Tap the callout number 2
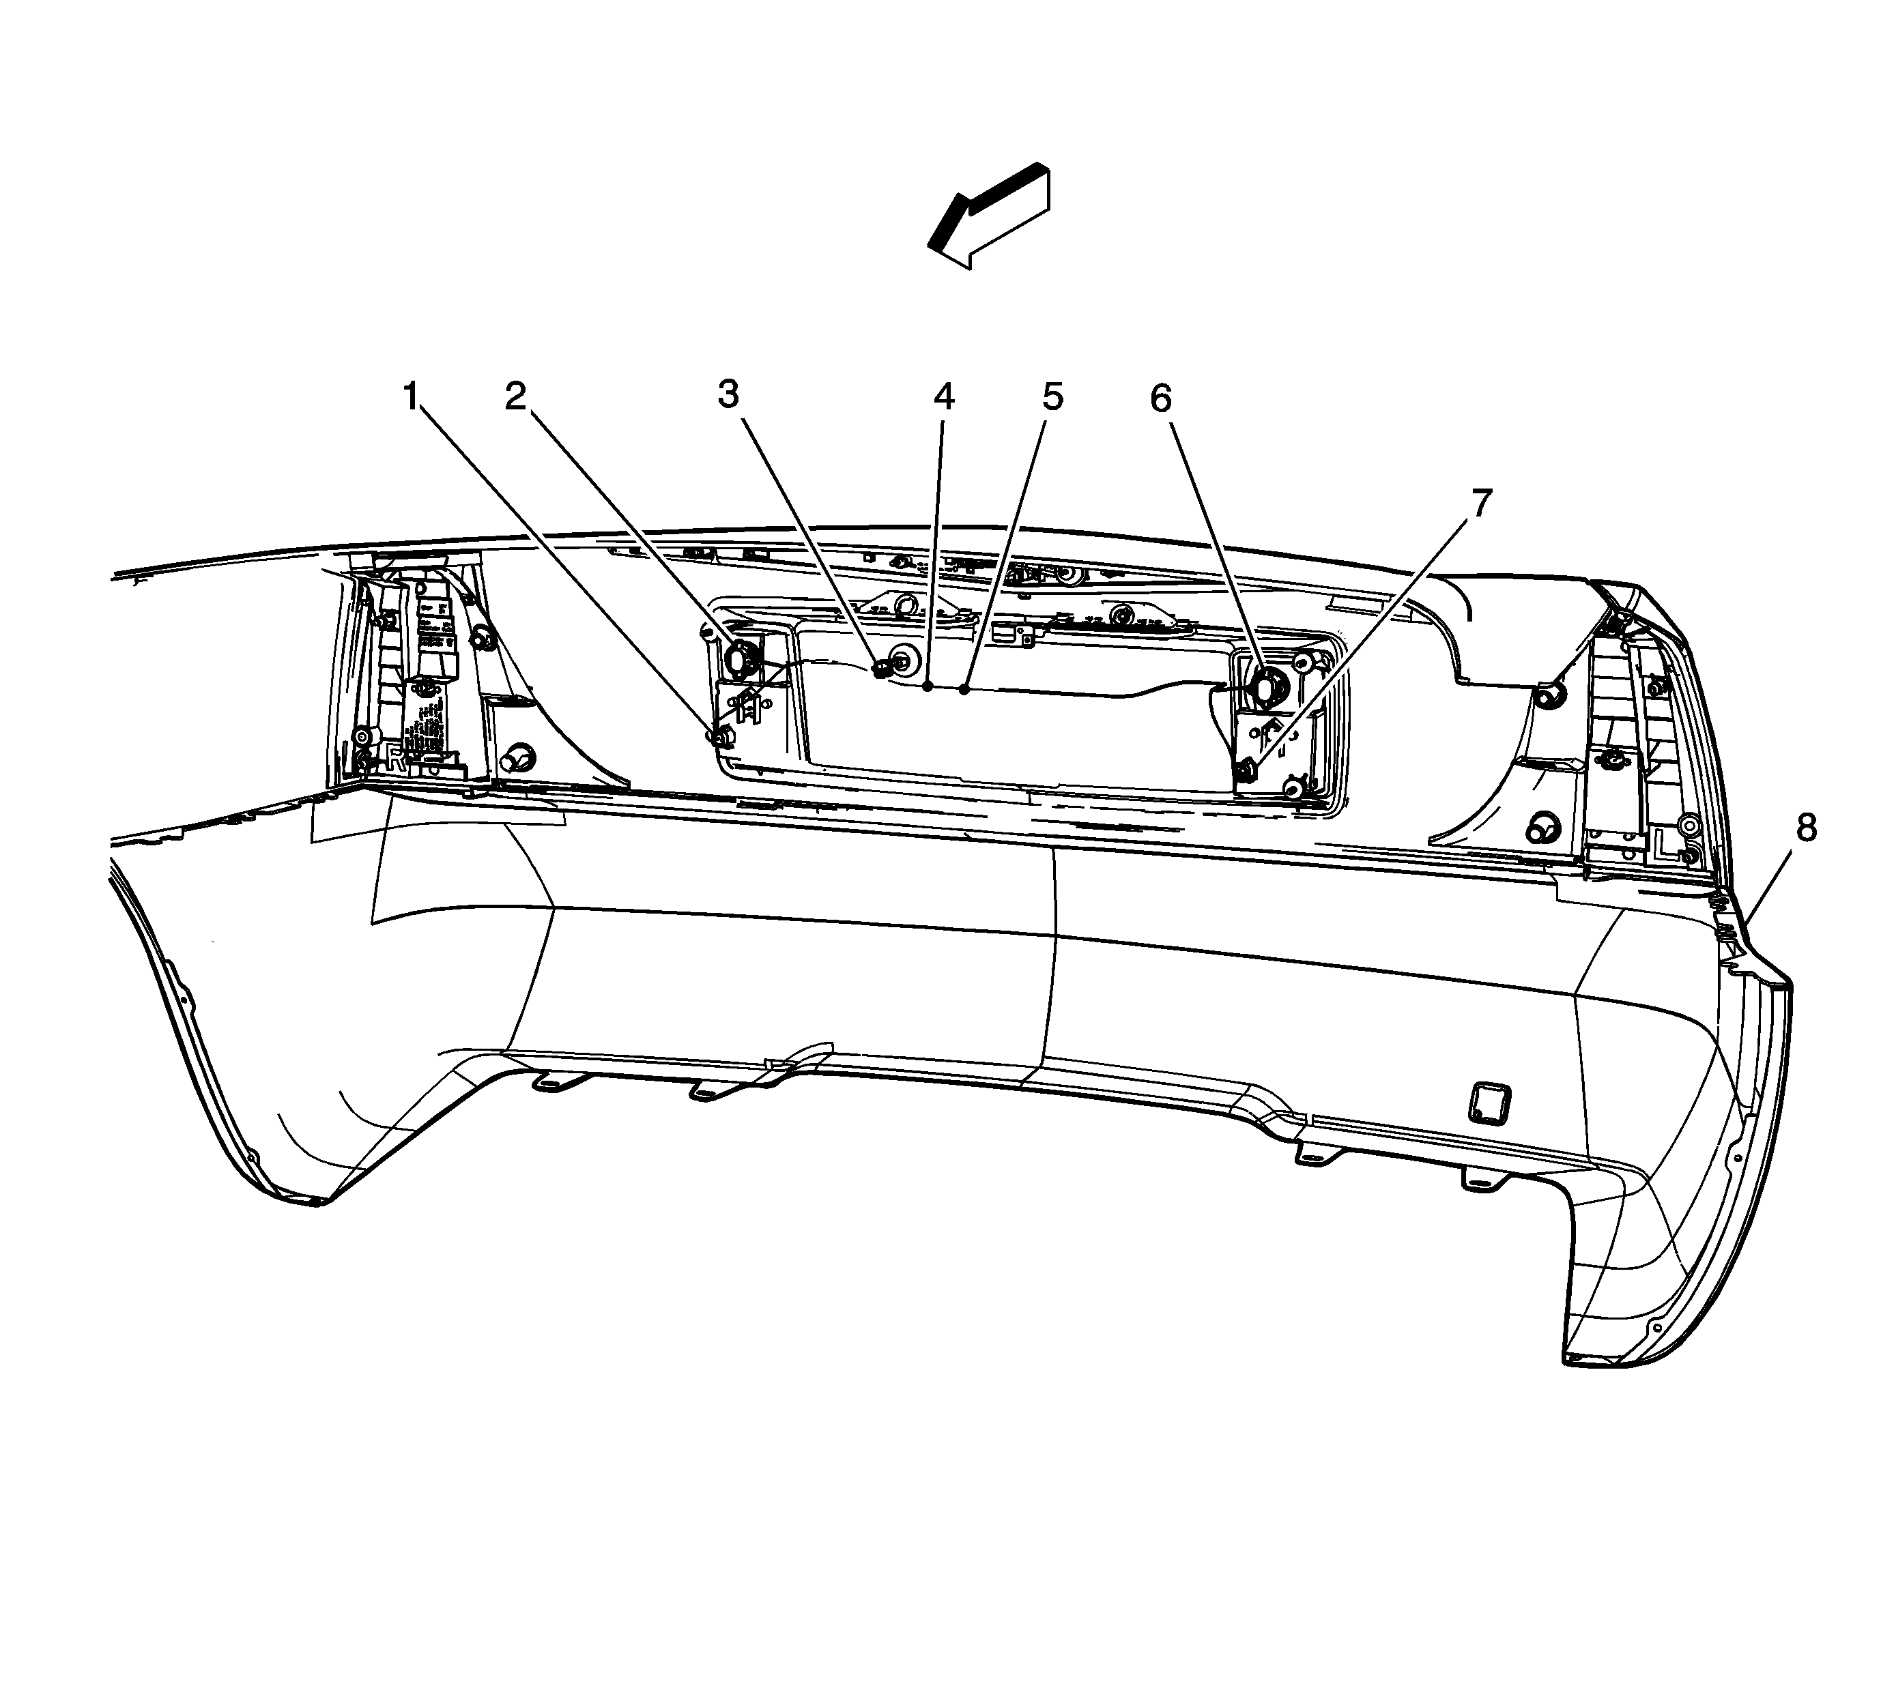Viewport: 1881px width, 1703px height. pyautogui.click(x=516, y=397)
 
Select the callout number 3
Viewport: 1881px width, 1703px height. pyautogui.click(x=729, y=394)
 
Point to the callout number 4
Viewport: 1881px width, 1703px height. pyautogui.click(x=944, y=398)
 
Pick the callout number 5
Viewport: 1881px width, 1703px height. pyautogui.click(x=1052, y=398)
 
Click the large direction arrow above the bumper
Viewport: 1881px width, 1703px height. pyautogui.click(x=989, y=217)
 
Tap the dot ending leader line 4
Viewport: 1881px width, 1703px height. pyautogui.click(x=928, y=686)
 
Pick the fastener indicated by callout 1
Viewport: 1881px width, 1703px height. pyautogui.click(x=720, y=737)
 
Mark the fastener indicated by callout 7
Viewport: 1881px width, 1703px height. pyautogui.click(x=1245, y=771)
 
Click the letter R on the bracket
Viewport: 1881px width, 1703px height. pyautogui.click(x=397, y=757)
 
